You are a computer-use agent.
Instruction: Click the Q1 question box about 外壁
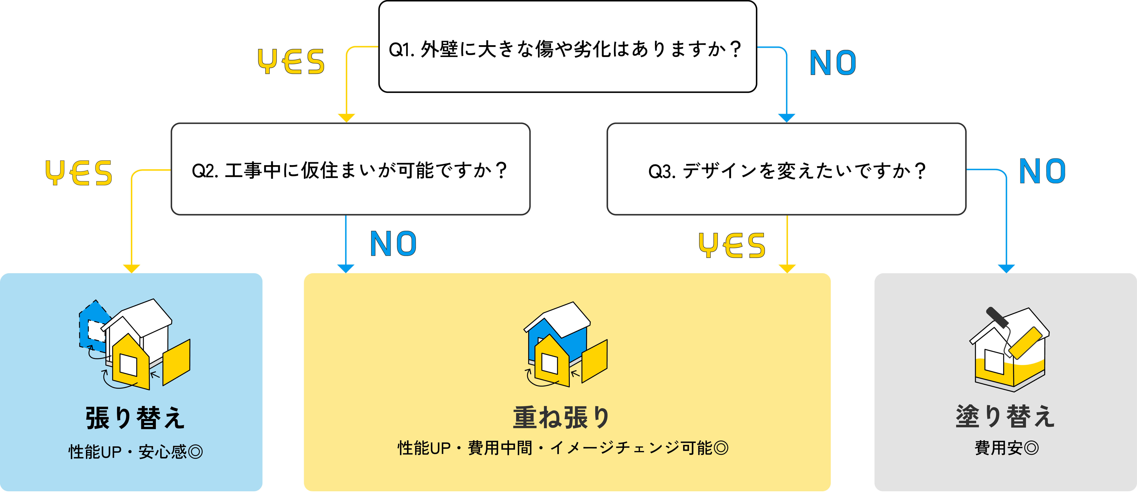tap(568, 47)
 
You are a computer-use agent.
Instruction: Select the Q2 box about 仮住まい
tap(350, 169)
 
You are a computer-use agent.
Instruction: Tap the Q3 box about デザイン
tap(786, 169)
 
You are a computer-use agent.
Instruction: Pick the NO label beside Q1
tap(832, 63)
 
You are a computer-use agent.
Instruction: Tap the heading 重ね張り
tap(561, 417)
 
